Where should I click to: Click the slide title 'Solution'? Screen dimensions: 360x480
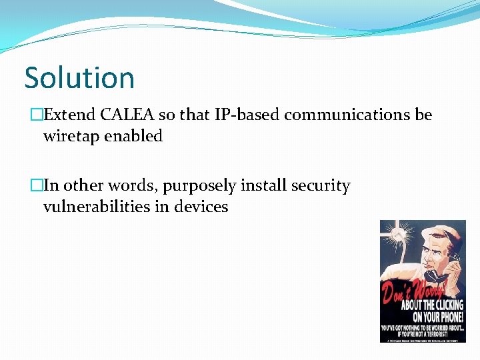(79, 77)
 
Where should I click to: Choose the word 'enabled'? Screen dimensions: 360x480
(134, 136)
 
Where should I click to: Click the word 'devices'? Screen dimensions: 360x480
(201, 207)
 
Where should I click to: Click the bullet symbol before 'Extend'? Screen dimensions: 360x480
(36, 115)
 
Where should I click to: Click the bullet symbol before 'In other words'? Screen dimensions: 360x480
(36, 186)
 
